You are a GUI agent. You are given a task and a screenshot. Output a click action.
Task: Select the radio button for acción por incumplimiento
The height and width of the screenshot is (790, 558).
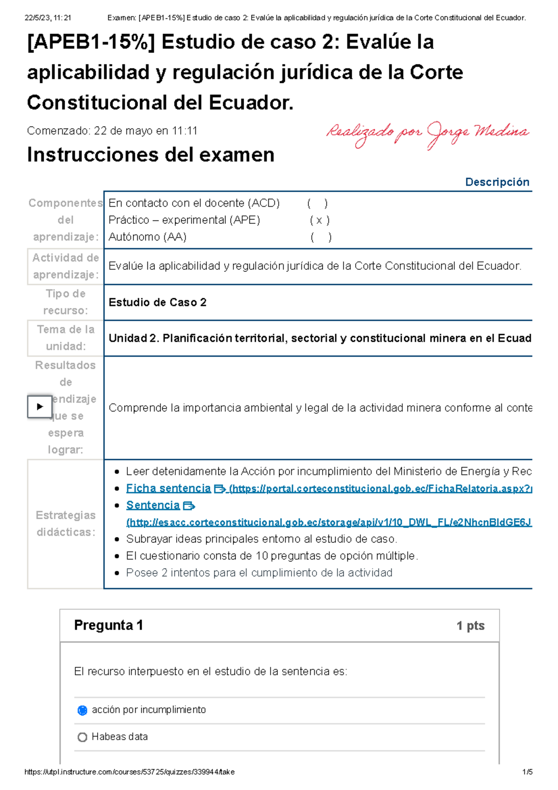82,710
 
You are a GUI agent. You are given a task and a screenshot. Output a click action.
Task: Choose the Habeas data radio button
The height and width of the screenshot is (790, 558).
82,737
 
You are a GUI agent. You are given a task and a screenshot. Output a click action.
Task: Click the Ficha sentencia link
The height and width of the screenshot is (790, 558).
168,488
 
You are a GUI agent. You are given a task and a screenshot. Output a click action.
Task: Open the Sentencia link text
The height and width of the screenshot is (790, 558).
153,505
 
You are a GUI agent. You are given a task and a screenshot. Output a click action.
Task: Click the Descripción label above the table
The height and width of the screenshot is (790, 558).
497,182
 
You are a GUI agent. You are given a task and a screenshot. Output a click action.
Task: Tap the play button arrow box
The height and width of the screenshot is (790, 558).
40,407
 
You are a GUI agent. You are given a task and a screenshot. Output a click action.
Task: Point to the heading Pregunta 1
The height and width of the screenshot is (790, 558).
108,625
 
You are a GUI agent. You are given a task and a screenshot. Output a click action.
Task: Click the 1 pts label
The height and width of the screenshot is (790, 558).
470,626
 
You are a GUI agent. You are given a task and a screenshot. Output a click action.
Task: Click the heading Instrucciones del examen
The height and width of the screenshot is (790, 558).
151,155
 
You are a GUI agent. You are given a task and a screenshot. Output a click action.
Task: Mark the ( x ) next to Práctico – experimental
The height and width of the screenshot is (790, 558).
319,220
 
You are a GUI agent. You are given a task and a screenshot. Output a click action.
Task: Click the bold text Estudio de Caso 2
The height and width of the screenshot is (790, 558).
157,302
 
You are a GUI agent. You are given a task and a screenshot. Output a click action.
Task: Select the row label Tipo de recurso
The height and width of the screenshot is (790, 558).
66,302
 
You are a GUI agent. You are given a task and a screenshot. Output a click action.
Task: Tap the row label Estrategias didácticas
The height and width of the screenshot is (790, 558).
66,523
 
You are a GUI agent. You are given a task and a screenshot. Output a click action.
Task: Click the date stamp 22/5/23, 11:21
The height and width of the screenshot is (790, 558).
47,18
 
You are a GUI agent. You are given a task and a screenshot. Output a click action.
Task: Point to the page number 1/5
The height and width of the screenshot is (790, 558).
527,772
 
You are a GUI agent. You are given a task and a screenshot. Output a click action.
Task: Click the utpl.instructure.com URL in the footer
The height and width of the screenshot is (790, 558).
129,772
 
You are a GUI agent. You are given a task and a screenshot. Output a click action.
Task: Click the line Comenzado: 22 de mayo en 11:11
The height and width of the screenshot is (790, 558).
112,131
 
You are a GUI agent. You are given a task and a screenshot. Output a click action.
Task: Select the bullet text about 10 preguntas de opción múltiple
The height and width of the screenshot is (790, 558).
272,556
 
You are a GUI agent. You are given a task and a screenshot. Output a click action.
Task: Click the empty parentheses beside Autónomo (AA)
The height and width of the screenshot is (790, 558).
321,237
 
